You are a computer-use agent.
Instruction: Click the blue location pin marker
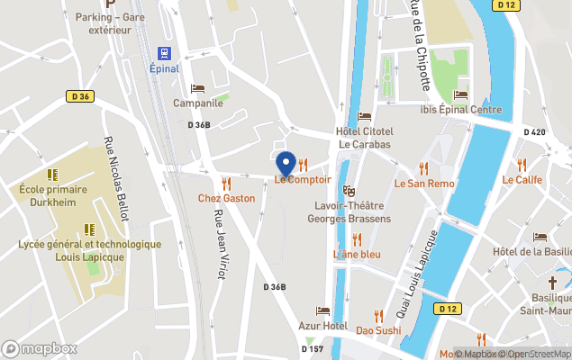coord(286,165)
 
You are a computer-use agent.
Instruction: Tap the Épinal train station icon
coord(164,53)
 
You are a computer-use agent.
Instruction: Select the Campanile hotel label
coord(198,103)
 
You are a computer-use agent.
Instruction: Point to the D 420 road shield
coord(535,131)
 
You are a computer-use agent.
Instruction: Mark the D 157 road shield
coord(313,348)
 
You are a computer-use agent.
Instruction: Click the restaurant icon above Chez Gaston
coord(214,184)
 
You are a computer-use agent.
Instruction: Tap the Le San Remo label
coord(424,183)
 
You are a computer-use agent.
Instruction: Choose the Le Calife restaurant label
coord(522,179)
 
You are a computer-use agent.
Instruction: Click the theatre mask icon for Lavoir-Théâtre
coord(350,191)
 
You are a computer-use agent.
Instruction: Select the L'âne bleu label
coord(357,254)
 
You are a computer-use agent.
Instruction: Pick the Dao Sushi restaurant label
coord(377,329)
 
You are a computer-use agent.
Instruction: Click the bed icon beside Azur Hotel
coord(322,311)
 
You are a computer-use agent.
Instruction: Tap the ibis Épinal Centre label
coord(460,110)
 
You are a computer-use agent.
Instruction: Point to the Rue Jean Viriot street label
coord(218,243)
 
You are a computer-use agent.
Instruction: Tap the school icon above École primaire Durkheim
coord(51,175)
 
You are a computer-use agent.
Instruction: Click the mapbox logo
coord(40,348)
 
